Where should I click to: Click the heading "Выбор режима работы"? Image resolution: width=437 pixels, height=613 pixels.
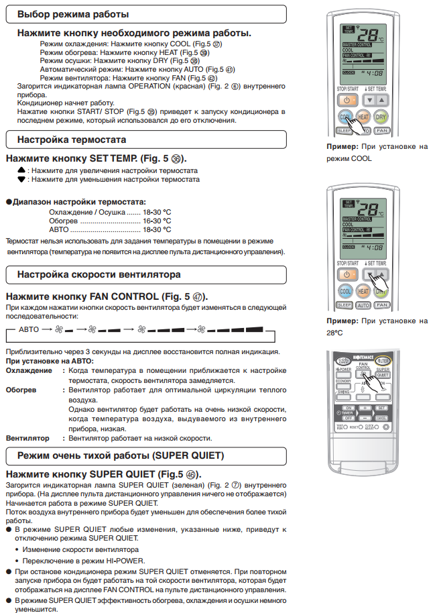point(74,13)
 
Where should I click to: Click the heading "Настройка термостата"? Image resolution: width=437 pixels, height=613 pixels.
point(72,140)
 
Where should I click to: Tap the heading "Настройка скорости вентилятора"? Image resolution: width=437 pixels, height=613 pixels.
point(99,274)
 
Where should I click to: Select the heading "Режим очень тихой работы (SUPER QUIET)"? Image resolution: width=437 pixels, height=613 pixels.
point(121,456)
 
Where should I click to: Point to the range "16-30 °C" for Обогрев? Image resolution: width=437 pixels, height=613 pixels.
point(156,220)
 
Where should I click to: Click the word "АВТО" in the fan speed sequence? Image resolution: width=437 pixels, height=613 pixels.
point(29,329)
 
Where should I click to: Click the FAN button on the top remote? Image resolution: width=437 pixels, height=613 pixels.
point(382,132)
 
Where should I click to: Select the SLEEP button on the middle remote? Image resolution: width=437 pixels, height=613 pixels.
point(345,306)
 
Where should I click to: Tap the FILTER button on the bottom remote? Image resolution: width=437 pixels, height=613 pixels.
point(383,361)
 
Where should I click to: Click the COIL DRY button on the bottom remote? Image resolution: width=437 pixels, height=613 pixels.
point(344,361)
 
